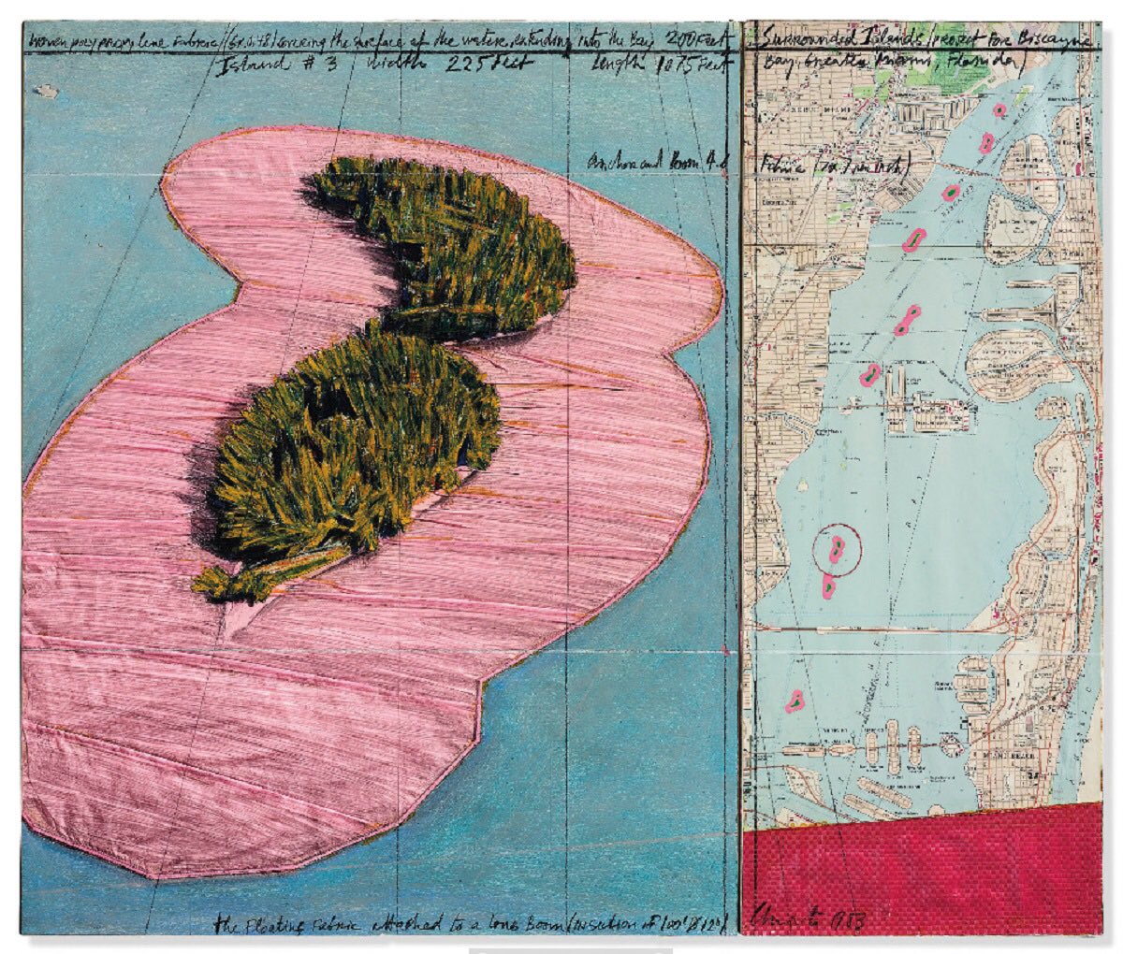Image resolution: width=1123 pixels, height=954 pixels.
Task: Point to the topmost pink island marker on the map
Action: pyautogui.click(x=999, y=110)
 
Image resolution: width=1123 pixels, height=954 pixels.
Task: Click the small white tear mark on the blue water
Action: pyautogui.click(x=45, y=91)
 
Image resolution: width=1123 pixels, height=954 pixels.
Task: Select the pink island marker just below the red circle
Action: pyautogui.click(x=828, y=587)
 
